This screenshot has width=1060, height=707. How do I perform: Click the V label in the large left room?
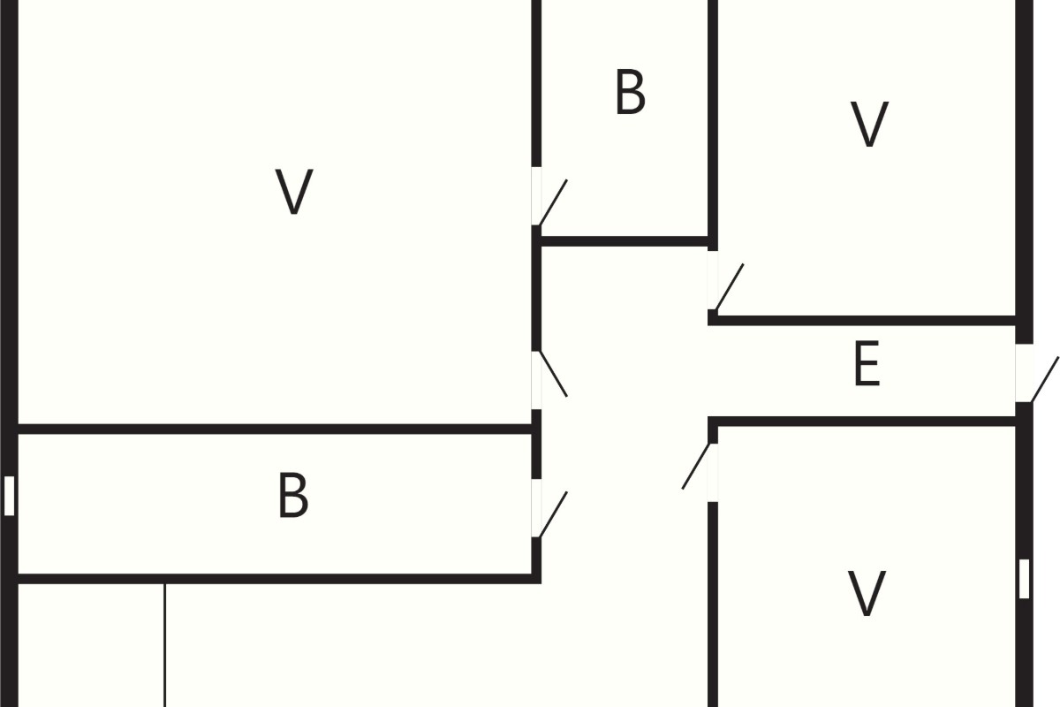294,191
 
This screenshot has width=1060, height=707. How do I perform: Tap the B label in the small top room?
631,92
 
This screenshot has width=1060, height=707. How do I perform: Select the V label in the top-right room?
869,124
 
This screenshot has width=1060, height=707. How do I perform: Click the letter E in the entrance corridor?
867,364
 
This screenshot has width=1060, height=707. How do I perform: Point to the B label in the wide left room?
293,495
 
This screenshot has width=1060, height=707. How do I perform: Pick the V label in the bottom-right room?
867,593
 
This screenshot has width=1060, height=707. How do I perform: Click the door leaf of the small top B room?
553,202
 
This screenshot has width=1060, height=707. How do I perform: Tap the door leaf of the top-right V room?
730,287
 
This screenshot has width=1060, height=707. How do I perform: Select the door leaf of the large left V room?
553,374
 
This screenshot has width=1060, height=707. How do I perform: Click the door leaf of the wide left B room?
553,514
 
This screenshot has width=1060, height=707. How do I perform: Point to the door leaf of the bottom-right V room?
696,466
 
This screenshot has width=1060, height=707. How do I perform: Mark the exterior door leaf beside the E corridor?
1044,380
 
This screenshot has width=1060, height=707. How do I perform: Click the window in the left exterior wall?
9,496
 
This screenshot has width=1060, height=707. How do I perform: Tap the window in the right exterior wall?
1024,579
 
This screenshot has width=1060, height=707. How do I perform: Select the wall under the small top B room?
625,241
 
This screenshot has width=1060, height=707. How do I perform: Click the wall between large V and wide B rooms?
275,429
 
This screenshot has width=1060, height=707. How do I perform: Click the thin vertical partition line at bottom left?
164,645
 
